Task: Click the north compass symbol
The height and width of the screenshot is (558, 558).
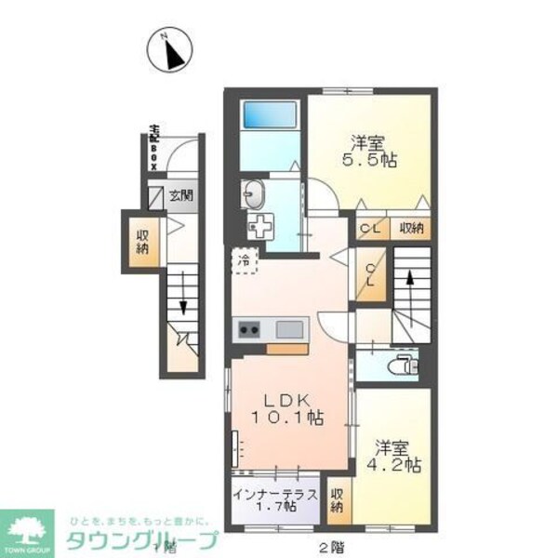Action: [x=170, y=53]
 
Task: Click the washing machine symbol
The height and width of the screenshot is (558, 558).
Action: [x=263, y=226]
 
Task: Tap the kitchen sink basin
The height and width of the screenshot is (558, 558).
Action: [x=287, y=329]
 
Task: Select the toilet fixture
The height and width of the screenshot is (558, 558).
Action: [x=405, y=365]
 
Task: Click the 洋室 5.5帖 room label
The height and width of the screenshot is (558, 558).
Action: [x=371, y=152]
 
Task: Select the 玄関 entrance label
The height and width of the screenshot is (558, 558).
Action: [x=180, y=196]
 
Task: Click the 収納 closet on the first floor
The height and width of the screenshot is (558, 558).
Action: [x=142, y=241]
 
